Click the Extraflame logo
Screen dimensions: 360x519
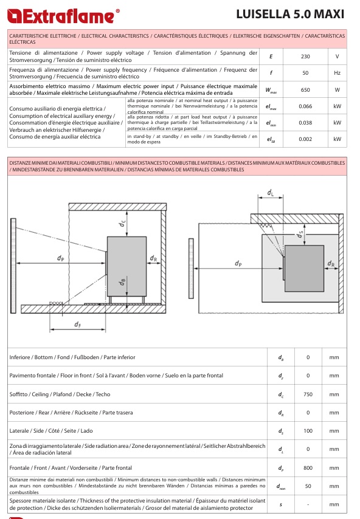63,16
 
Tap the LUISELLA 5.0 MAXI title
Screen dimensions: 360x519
290,14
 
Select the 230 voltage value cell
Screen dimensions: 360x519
305,57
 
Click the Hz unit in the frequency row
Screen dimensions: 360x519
337,73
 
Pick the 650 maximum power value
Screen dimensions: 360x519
305,90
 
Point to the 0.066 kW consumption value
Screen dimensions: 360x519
305,106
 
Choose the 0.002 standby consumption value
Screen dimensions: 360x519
305,139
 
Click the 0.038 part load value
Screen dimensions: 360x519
305,123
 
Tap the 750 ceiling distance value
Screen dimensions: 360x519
308,394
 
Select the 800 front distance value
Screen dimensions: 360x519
308,468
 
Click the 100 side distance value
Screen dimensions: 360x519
308,431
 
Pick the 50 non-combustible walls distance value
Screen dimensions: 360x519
308,486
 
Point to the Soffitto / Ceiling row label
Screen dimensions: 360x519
60,394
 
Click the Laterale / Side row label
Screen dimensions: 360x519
51,431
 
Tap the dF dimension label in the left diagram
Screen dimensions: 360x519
77,325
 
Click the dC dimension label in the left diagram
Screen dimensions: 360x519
123,224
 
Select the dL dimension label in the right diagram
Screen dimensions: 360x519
271,193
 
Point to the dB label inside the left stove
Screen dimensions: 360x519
122,282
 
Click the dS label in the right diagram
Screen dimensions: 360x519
300,235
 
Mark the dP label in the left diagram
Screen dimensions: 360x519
61,258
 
